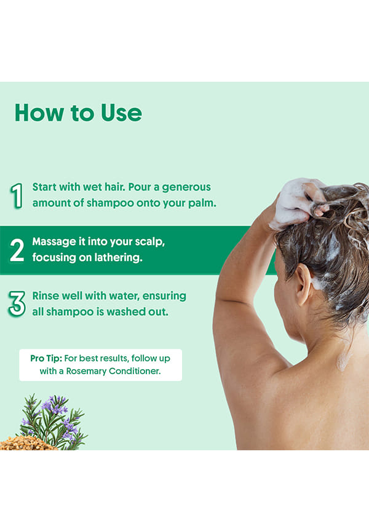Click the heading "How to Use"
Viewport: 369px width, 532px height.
coord(79,113)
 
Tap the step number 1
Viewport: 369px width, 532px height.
coord(17,196)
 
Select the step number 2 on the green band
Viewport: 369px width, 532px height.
coord(17,250)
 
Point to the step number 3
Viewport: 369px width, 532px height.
coord(17,304)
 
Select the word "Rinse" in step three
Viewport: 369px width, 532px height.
coord(44,296)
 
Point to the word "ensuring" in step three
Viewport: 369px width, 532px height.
coord(164,296)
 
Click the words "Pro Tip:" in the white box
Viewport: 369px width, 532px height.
coord(46,358)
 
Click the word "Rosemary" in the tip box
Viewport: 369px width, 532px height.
coord(86,371)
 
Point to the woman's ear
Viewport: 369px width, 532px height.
coord(303,284)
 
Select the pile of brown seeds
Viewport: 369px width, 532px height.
coord(25,443)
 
